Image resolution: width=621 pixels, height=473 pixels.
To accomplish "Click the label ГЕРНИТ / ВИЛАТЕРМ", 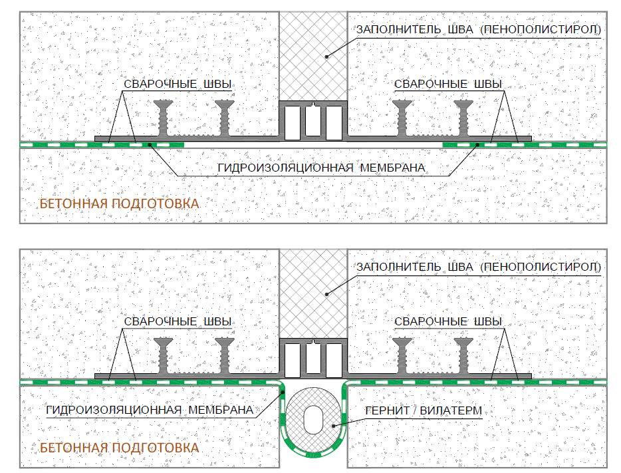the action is pyautogui.click(x=424, y=411).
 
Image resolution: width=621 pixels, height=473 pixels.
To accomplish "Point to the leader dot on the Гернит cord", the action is pyautogui.click(x=334, y=426).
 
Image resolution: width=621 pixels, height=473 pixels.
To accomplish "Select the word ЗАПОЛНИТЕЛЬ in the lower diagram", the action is pyautogui.click(x=398, y=267).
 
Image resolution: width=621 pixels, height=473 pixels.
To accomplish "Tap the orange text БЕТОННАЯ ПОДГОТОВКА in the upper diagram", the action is pyautogui.click(x=119, y=204).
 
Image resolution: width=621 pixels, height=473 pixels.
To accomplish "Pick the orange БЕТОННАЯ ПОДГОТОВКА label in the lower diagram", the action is pyautogui.click(x=119, y=448).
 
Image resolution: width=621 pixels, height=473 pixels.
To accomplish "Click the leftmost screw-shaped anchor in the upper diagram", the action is pyautogui.click(x=163, y=118).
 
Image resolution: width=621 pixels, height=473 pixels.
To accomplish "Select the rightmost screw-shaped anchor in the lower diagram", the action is pyautogui.click(x=463, y=355).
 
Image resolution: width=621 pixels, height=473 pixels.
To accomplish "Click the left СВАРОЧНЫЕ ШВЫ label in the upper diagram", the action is pyautogui.click(x=178, y=84).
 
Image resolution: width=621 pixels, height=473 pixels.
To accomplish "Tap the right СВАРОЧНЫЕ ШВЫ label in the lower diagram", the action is pyautogui.click(x=448, y=322).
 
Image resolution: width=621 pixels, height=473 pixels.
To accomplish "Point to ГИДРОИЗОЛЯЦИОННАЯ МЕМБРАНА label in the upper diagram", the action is pyautogui.click(x=321, y=168).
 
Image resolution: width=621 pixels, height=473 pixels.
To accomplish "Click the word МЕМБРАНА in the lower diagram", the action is pyautogui.click(x=221, y=410).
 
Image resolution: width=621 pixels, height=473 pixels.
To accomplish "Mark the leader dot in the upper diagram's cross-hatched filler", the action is pyautogui.click(x=326, y=57).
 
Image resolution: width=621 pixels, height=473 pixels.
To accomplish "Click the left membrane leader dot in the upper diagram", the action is pyautogui.click(x=150, y=145).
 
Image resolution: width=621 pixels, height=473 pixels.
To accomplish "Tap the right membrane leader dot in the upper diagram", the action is pyautogui.click(x=477, y=145).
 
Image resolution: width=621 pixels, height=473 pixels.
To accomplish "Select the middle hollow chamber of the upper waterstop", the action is pyautogui.click(x=313, y=121).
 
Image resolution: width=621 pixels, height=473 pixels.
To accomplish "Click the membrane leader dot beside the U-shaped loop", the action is pyautogui.click(x=283, y=393).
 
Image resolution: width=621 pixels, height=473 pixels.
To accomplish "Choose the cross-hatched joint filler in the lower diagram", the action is pyautogui.click(x=313, y=293).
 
